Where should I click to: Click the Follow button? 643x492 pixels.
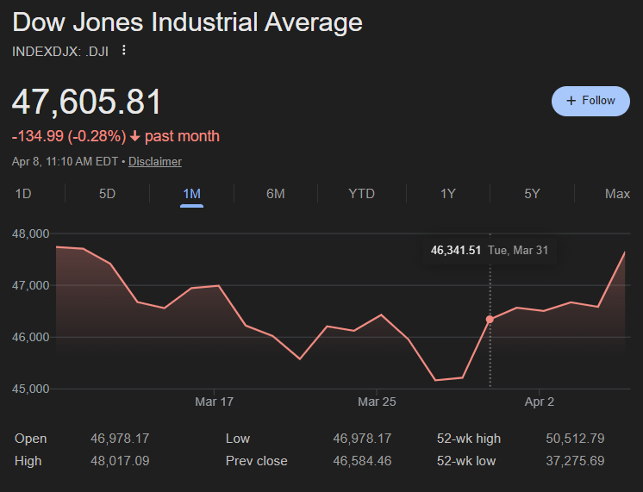click(590, 101)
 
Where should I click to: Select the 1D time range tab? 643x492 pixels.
click(23, 194)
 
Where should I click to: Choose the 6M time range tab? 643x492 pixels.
click(275, 194)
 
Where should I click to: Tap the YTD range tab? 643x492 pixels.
click(361, 194)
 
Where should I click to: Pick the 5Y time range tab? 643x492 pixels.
click(532, 194)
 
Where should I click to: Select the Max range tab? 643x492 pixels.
click(617, 194)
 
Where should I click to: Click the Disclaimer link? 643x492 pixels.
click(155, 161)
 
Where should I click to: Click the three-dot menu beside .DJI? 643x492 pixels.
click(124, 51)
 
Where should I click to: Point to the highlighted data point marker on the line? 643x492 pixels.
click(490, 320)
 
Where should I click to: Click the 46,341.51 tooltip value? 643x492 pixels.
click(456, 251)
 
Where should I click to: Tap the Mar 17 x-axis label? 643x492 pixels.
click(215, 402)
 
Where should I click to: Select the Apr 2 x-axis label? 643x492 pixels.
click(540, 402)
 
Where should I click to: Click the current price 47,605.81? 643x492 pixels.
click(86, 103)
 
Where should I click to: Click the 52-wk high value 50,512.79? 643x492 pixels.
click(575, 439)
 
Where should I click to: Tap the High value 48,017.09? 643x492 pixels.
click(120, 461)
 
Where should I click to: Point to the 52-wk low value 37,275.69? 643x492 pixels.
click(575, 461)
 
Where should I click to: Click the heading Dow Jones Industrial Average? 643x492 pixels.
click(187, 23)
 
